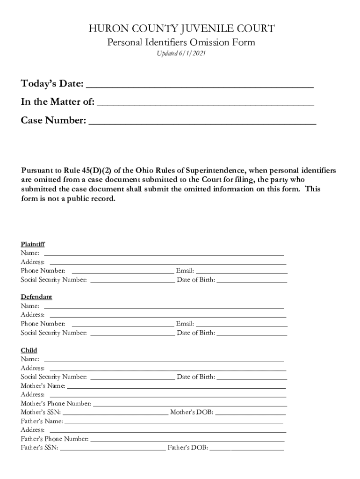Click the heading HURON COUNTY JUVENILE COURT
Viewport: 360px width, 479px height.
click(181, 29)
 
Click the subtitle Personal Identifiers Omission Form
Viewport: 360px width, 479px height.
click(181, 43)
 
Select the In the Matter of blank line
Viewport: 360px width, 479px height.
click(205, 103)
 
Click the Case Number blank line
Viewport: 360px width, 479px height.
click(202, 122)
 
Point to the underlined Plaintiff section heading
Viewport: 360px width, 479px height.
click(33, 244)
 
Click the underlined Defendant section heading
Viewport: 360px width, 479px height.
click(36, 297)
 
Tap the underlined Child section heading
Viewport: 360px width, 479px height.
click(29, 350)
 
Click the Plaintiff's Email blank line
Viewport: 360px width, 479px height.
click(241, 271)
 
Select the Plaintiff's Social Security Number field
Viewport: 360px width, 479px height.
click(132, 280)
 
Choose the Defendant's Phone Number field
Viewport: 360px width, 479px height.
click(122, 324)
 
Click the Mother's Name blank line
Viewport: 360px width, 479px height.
click(176, 386)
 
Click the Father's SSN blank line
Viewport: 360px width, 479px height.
click(113, 448)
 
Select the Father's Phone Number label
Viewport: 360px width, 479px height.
click(55, 439)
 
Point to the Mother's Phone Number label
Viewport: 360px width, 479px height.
click(56, 403)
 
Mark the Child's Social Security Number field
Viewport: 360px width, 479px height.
click(132, 377)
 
